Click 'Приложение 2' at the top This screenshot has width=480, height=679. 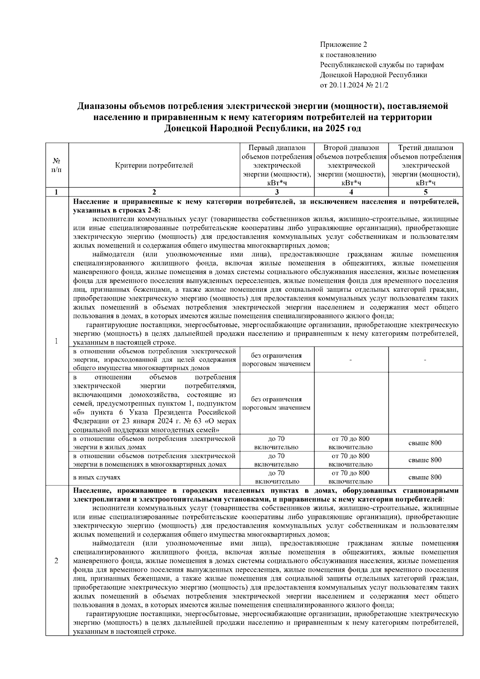pyautogui.click(x=343, y=44)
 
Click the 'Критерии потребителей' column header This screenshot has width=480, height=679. pyautogui.click(x=154, y=165)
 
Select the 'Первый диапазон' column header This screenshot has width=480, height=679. pyautogui.click(x=277, y=148)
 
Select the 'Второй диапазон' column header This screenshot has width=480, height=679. pyautogui.click(x=351, y=148)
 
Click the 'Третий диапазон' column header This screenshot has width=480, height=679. pyautogui.click(x=426, y=148)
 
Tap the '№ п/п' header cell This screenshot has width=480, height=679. pyautogui.click(x=57, y=165)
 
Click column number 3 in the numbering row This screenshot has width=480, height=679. pyautogui.click(x=277, y=192)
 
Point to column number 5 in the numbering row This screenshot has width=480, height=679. pyautogui.click(x=426, y=192)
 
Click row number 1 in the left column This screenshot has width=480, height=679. pyautogui.click(x=57, y=341)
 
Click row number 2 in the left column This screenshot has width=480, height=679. pyautogui.click(x=57, y=561)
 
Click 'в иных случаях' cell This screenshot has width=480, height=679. pyautogui.click(x=96, y=477)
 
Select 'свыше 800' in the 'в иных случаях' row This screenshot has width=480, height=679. pyautogui.click(x=425, y=477)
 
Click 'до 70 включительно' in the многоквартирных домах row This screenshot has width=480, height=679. pyautogui.click(x=276, y=460)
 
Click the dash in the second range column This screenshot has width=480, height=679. pyautogui.click(x=350, y=361)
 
